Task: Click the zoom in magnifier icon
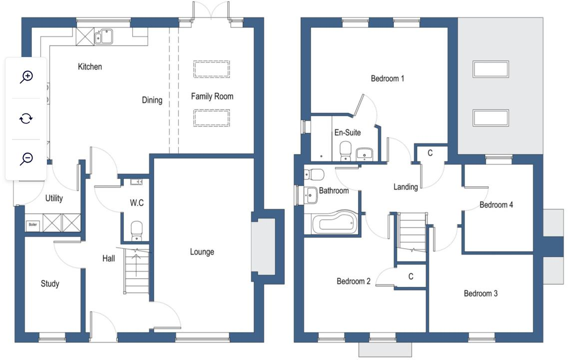pyautogui.click(x=26, y=76)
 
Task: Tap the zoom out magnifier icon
pyautogui.click(x=26, y=159)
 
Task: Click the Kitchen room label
pyautogui.click(x=90, y=66)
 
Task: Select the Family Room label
pyautogui.click(x=212, y=96)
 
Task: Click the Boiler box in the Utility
pyautogui.click(x=33, y=225)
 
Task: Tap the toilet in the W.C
pyautogui.click(x=136, y=231)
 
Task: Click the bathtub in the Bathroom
pyautogui.click(x=333, y=223)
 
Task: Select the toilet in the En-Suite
pyautogui.click(x=345, y=151)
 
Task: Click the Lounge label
pyautogui.click(x=202, y=252)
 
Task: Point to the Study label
pyautogui.click(x=50, y=284)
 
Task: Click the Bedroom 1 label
pyautogui.click(x=387, y=78)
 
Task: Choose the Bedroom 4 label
pyautogui.click(x=496, y=205)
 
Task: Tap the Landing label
pyautogui.click(x=405, y=187)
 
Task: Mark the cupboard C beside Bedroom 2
pyautogui.click(x=411, y=276)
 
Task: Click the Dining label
pyautogui.click(x=152, y=100)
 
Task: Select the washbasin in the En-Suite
pyautogui.click(x=368, y=153)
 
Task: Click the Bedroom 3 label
pyautogui.click(x=481, y=293)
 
